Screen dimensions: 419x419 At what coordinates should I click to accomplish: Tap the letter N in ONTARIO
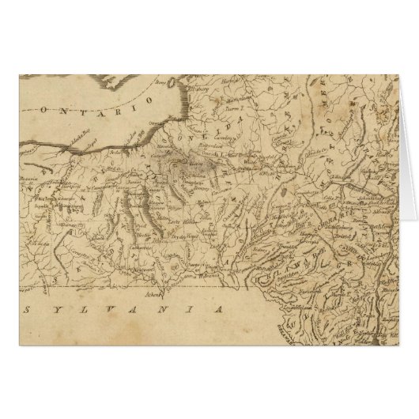[51, 108]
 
